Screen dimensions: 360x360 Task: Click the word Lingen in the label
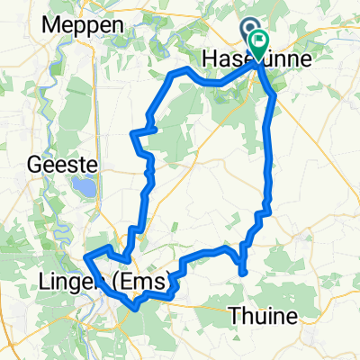[67, 285]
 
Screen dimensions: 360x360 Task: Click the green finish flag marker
[261, 40]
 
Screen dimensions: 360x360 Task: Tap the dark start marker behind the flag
[250, 32]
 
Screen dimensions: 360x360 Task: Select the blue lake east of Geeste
[84, 189]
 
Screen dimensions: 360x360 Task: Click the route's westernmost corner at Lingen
[86, 258]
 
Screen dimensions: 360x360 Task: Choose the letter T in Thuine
[236, 316]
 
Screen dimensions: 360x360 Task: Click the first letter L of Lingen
[46, 285]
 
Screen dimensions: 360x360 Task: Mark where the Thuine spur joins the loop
[242, 244]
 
